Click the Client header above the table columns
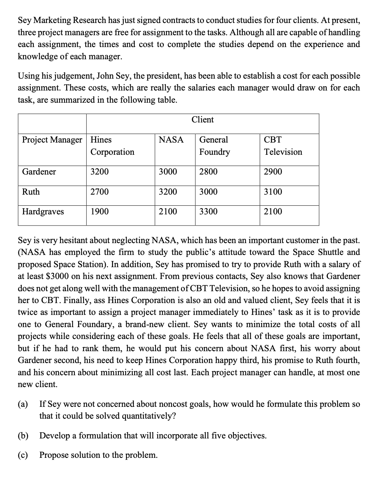click(x=202, y=120)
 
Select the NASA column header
click(x=171, y=140)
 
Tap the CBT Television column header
click(x=283, y=146)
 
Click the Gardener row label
click(x=39, y=172)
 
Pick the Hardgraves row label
click(x=43, y=211)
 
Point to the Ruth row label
click(x=31, y=192)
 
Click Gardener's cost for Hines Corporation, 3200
click(x=99, y=172)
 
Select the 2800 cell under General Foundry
click(x=208, y=172)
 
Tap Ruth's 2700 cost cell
click(x=99, y=192)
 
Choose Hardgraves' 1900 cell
click(x=99, y=211)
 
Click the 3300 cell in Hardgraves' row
click(x=208, y=211)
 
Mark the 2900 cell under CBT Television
click(x=273, y=172)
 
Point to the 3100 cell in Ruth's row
click(x=273, y=192)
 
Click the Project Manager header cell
click(x=52, y=140)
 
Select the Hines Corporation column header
click(x=112, y=146)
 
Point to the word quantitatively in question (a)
click(x=147, y=416)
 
